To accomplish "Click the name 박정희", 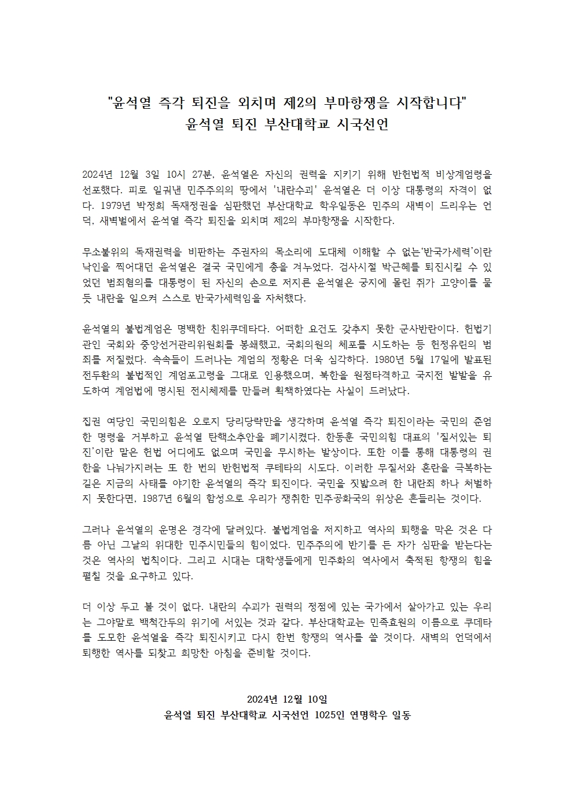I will [152, 205].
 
